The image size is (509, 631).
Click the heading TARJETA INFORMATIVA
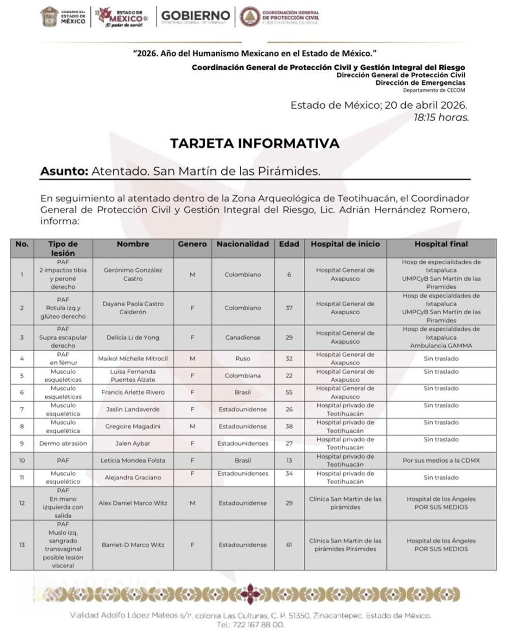tap(254, 143)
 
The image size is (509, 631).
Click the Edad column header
tap(289, 244)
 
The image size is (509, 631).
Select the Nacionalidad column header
tap(243, 244)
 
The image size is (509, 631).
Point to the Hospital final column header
tap(441, 244)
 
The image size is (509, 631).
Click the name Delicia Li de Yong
tap(132, 337)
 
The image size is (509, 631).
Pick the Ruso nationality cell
tap(243, 358)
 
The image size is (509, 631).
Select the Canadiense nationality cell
tap(243, 337)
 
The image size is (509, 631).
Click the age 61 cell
tap(289, 545)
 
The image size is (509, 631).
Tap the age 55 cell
tap(289, 393)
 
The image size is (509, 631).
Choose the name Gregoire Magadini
tap(132, 427)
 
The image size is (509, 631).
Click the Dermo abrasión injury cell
tap(63, 443)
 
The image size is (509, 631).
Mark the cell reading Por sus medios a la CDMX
tap(441, 461)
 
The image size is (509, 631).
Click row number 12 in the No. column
tap(22, 503)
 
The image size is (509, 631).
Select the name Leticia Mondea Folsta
tap(132, 461)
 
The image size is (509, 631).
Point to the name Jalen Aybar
tap(132, 443)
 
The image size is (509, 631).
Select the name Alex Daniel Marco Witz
tap(132, 503)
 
